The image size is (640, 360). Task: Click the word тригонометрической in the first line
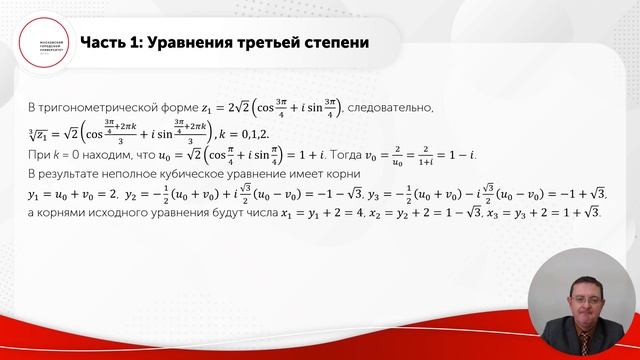(96, 106)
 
